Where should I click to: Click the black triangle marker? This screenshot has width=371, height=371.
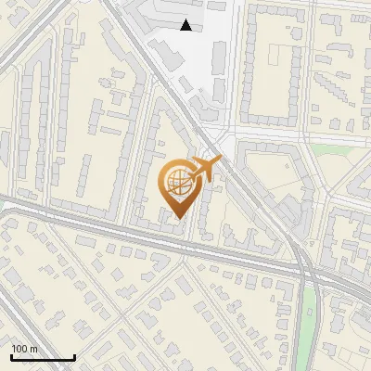point(186,25)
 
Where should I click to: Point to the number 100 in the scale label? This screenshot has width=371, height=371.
point(20,349)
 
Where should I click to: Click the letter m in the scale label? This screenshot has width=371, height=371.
point(35,349)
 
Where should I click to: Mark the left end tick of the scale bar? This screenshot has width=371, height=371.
point(11,357)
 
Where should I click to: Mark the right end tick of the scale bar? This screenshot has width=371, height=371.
point(74,357)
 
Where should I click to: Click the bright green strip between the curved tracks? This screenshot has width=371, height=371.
point(309,325)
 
